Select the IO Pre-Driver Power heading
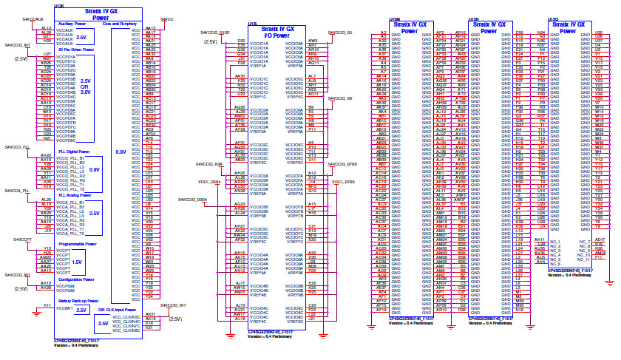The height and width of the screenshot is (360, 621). coord(75,50)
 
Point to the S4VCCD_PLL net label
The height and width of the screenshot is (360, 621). coord(18,148)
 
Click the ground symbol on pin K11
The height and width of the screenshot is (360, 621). coord(37,313)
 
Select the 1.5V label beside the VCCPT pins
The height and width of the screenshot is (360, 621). coord(77,262)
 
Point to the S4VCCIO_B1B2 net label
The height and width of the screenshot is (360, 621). coord(214,33)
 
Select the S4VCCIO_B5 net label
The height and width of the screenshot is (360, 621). coord(340,33)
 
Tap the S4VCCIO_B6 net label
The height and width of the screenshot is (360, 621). coord(340,98)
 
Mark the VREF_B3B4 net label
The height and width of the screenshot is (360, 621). coord(208,181)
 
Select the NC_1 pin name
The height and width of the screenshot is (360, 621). coord(555,242)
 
